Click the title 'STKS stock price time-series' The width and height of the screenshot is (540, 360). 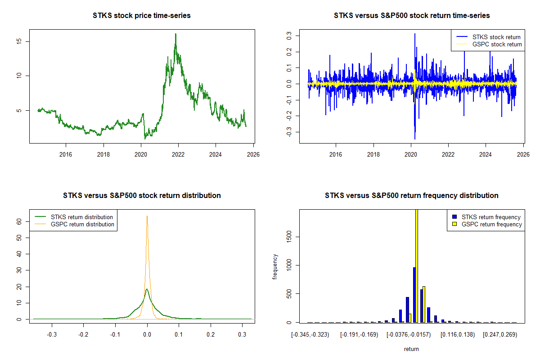click(142, 16)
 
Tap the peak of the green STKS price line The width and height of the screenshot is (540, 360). click(175, 34)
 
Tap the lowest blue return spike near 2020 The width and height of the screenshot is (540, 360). click(414, 139)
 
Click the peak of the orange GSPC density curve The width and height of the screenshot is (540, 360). click(147, 216)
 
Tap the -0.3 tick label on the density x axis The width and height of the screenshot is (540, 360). click(52, 335)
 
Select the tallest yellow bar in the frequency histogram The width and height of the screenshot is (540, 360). click(417, 265)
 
